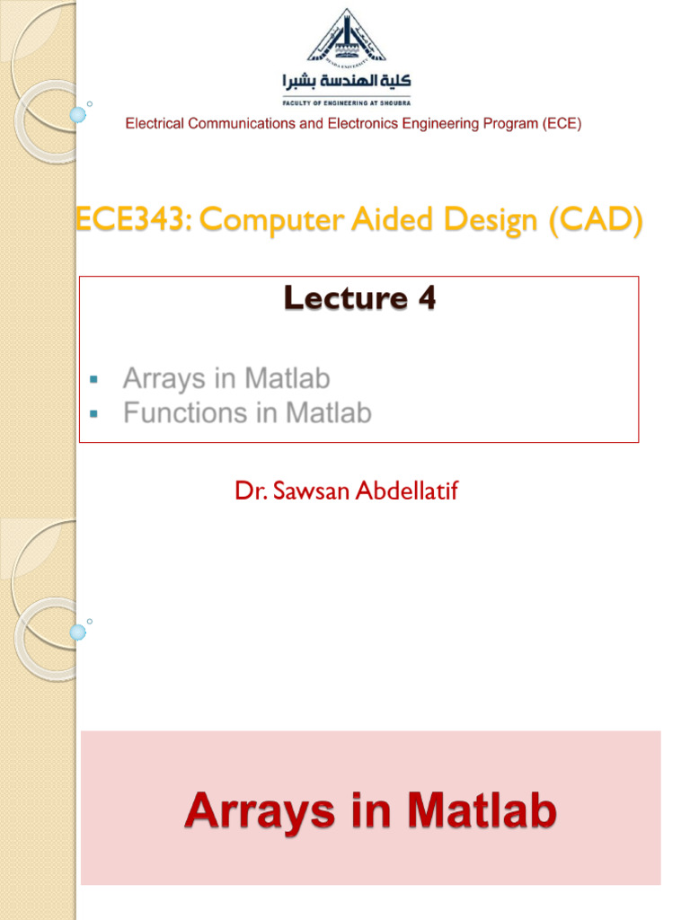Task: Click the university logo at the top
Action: [346, 36]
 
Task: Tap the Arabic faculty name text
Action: [346, 81]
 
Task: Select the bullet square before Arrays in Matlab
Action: [93, 380]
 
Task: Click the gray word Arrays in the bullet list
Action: [162, 379]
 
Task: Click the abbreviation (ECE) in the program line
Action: [562, 124]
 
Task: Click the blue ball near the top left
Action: [78, 115]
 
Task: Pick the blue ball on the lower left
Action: [78, 632]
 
